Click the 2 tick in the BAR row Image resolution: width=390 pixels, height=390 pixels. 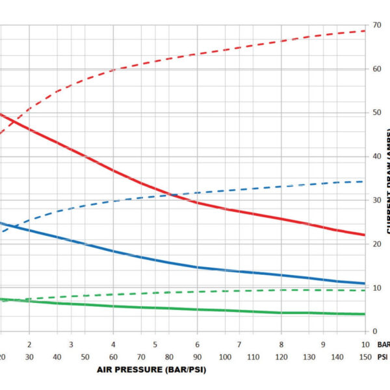click(29, 344)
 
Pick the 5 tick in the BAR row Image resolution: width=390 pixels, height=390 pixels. click(155, 344)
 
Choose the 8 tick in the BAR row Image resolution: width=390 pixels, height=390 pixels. click(281, 344)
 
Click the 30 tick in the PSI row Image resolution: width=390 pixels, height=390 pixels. click(29, 357)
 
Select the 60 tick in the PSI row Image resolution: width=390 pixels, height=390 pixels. click(113, 357)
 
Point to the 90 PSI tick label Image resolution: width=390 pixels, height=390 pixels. click(197, 357)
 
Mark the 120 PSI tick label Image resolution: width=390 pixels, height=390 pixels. click(281, 357)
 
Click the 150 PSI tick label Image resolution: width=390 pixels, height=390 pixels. click(365, 357)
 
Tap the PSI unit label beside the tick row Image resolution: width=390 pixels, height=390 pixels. click(382, 357)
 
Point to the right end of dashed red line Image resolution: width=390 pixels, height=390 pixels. click(365, 31)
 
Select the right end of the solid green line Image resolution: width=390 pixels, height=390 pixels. click(365, 314)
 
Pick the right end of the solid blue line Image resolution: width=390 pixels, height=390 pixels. click(365, 283)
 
